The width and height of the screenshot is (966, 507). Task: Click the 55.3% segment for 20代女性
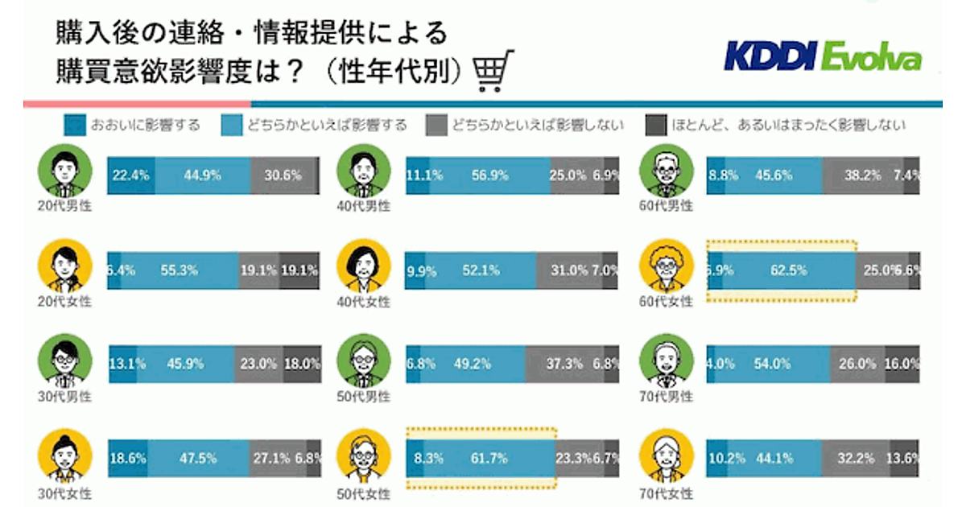(179, 271)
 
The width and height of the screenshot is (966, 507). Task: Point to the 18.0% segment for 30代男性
(302, 364)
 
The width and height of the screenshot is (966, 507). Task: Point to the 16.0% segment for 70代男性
(902, 364)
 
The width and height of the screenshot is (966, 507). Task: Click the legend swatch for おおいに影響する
(74, 126)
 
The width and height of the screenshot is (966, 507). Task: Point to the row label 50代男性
(366, 396)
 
